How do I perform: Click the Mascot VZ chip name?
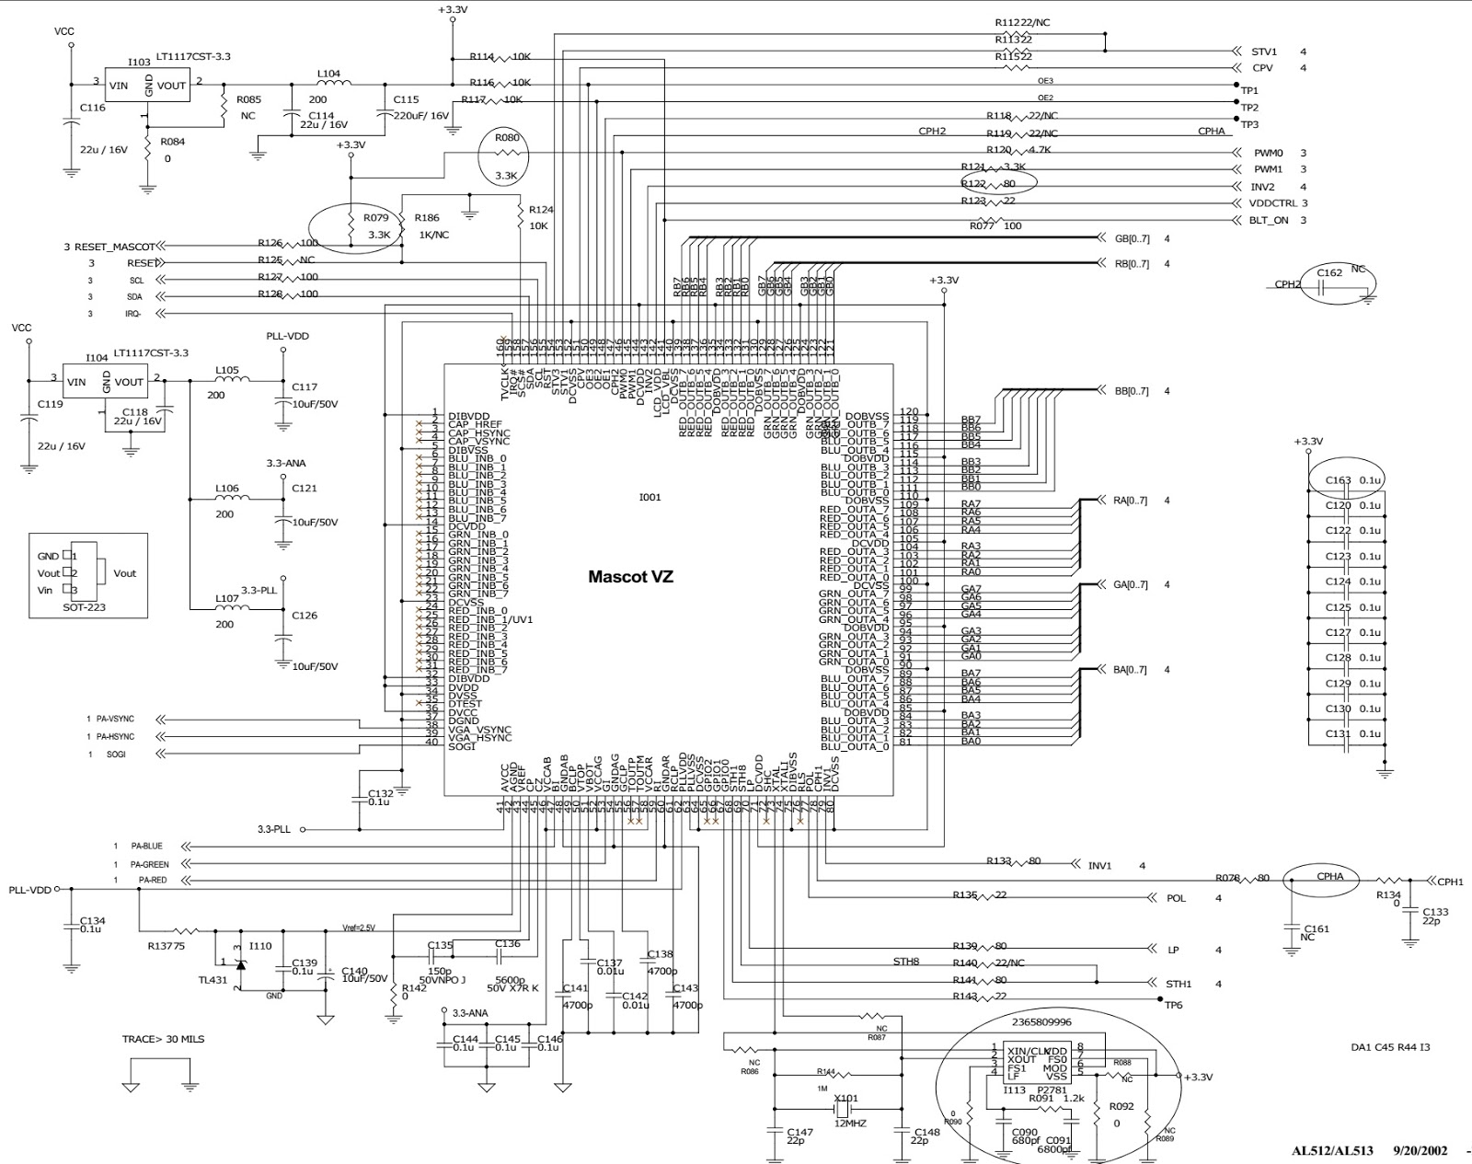630,577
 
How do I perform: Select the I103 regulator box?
146,85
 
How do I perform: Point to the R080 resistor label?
507,138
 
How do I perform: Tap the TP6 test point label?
1173,1005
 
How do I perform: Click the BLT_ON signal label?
1268,221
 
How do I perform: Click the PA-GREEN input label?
149,864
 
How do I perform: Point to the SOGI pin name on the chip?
462,746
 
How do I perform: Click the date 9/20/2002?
1420,1151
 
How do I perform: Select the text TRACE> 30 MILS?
163,1039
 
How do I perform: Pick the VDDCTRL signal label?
1274,203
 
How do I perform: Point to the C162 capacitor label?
1329,273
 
